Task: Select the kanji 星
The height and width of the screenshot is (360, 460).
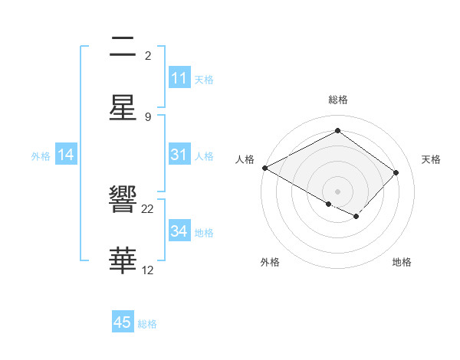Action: point(123,108)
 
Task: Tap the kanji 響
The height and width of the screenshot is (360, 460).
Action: point(123,201)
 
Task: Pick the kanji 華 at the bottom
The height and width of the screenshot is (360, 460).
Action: point(123,261)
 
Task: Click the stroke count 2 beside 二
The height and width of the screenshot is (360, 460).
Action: point(148,56)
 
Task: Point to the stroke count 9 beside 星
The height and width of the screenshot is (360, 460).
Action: point(148,117)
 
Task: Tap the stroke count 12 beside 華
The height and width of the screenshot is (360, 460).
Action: point(148,270)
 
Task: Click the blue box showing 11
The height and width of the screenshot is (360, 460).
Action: point(179,78)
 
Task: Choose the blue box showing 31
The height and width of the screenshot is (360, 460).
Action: point(179,155)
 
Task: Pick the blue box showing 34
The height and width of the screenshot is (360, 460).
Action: point(179,231)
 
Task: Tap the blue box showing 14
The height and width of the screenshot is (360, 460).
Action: point(66,155)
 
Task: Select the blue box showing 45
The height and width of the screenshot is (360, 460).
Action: point(123,322)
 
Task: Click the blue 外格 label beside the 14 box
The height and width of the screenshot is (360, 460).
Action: point(41,155)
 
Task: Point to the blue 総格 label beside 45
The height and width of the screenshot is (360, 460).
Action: point(147,324)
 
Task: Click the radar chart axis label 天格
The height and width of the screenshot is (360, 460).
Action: point(432,159)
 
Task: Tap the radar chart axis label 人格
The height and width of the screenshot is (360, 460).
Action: point(245,159)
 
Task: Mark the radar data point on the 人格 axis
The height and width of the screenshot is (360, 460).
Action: point(264,168)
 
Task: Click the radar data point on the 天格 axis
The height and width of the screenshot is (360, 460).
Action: point(396,172)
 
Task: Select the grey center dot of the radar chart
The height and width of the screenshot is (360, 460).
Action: point(337,191)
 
